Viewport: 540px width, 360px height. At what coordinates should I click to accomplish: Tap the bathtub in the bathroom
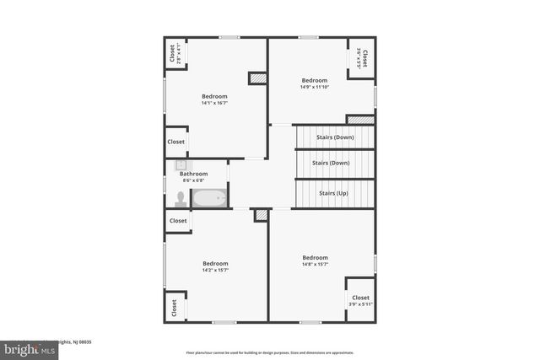click(x=209, y=199)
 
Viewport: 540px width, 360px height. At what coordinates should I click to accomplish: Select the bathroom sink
click(x=180, y=165)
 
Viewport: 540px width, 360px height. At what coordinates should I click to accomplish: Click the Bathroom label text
click(x=193, y=174)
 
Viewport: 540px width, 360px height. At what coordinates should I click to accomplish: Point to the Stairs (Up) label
click(x=333, y=193)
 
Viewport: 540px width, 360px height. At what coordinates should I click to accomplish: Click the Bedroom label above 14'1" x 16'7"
click(x=214, y=96)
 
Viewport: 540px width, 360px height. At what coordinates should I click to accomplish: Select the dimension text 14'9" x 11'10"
click(x=315, y=87)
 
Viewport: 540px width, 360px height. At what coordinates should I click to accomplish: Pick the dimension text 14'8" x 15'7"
click(x=315, y=265)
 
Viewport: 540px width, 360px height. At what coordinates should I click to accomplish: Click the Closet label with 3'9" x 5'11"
click(x=360, y=298)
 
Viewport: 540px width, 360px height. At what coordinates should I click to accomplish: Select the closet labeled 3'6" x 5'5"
click(x=362, y=58)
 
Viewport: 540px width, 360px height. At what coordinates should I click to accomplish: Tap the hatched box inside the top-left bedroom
click(x=257, y=78)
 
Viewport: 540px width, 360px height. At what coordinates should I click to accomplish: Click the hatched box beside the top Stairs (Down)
click(x=360, y=120)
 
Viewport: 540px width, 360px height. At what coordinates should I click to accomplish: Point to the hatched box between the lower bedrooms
click(x=262, y=215)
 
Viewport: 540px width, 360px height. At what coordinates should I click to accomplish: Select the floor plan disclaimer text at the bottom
click(x=269, y=352)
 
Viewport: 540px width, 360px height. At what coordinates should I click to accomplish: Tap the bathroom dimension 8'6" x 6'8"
click(x=193, y=180)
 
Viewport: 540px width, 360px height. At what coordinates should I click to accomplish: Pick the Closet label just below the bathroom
click(x=177, y=221)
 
